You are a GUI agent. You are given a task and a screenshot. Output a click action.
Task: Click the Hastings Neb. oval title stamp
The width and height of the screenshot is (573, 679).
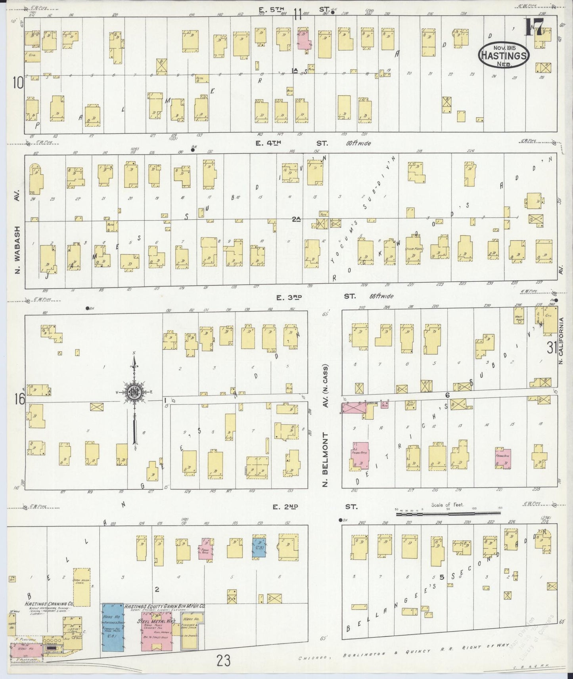click(504, 55)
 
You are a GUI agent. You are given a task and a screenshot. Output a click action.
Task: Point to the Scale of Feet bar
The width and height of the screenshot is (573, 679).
click(448, 514)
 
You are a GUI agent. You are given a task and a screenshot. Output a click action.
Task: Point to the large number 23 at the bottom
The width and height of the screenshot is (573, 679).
click(224, 661)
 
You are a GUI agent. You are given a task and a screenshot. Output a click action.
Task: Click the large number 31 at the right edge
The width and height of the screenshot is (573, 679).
click(552, 348)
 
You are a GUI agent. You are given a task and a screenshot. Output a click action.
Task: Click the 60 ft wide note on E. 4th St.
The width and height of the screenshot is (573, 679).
click(358, 143)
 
